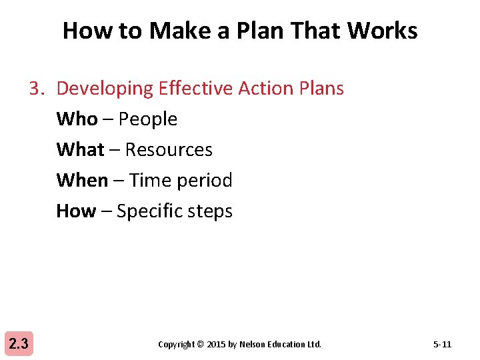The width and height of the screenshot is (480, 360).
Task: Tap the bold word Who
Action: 77,119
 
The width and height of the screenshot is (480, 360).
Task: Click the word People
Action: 148,119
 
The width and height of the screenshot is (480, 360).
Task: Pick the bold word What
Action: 80,149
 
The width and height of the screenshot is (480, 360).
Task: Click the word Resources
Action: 169,150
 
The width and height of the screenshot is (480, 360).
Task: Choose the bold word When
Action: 82,180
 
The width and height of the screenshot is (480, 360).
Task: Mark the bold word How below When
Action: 76,211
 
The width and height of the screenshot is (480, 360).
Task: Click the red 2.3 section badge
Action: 18,344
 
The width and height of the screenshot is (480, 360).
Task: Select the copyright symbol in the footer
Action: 201,345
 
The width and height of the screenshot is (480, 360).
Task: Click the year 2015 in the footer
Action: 216,345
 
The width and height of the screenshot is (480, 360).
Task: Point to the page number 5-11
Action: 442,345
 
